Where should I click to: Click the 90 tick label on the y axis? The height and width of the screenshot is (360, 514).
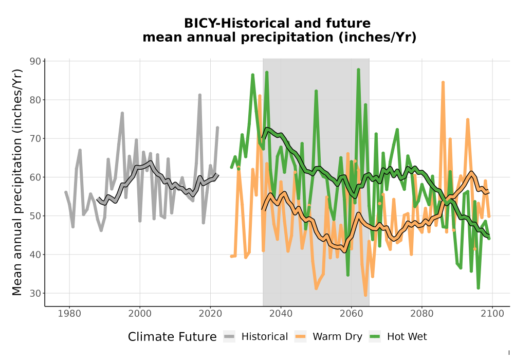(35, 61)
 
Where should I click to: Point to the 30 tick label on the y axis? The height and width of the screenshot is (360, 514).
(35, 293)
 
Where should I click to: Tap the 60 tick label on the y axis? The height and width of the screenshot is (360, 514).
(35, 177)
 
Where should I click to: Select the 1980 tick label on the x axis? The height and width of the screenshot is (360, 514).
(69, 313)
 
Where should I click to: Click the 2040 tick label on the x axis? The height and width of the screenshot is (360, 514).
(281, 313)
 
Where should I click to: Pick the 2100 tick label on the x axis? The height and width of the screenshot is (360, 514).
(492, 313)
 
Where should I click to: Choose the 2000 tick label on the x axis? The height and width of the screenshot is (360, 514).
(140, 313)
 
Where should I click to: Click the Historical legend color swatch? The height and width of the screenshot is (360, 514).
(229, 336)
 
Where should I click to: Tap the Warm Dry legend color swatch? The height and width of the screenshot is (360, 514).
(300, 336)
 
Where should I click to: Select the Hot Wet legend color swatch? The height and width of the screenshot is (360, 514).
(375, 336)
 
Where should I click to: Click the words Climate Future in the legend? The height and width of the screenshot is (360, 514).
(172, 337)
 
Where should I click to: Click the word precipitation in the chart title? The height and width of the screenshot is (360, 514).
(287, 38)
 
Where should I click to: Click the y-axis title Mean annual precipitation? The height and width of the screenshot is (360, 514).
(17, 182)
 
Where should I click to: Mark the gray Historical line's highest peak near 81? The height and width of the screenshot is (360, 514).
(199, 95)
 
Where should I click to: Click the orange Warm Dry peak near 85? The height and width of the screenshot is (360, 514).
(443, 82)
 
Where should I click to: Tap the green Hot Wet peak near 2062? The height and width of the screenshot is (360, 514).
(358, 69)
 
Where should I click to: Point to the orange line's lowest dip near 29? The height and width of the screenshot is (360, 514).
(365, 295)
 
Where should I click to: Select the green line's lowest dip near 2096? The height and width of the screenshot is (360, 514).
(478, 288)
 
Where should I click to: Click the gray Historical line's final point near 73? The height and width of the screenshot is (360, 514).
(217, 128)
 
